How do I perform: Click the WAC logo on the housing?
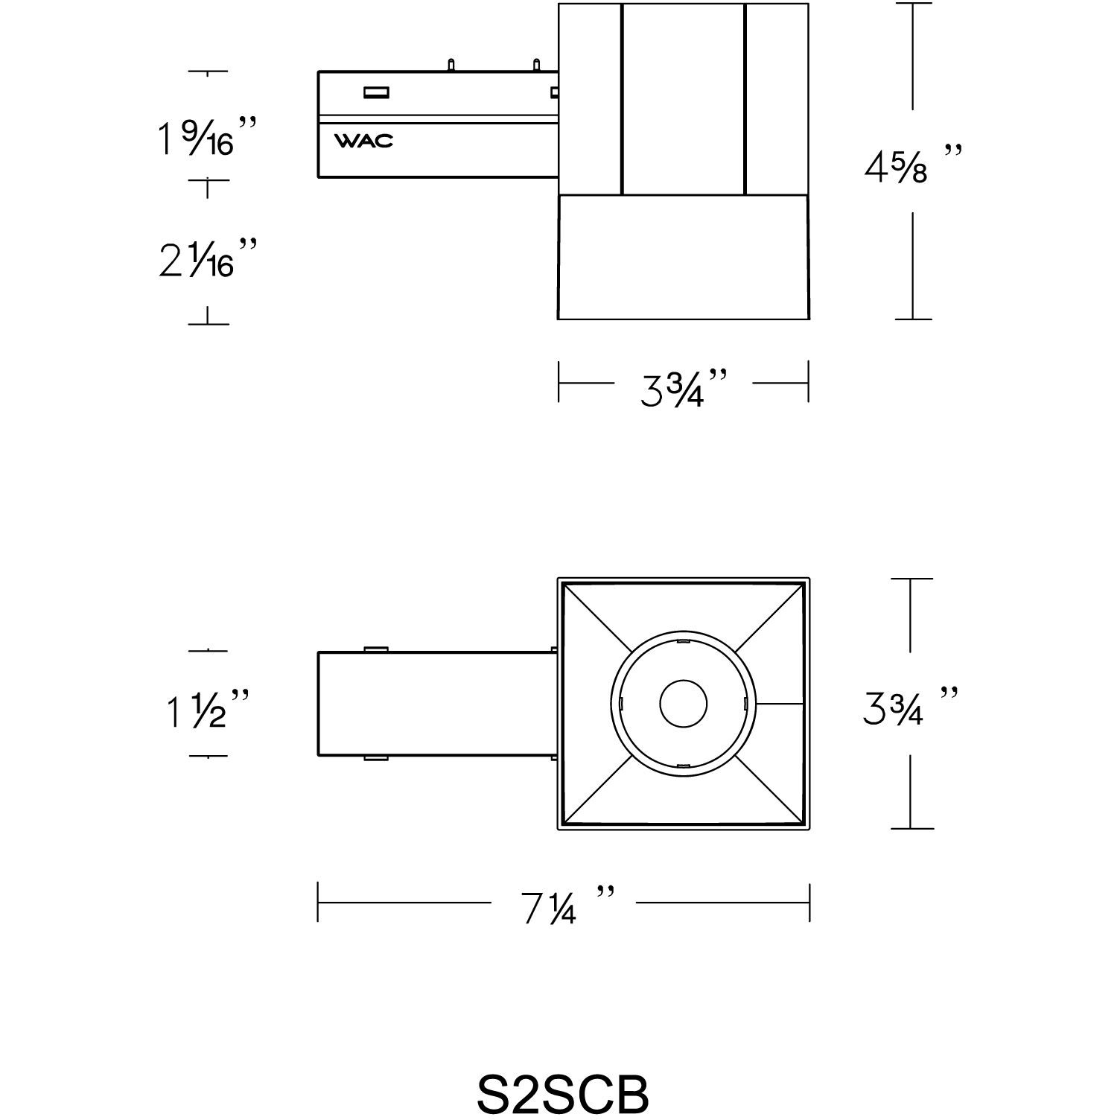(363, 141)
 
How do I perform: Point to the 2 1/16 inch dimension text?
(208, 257)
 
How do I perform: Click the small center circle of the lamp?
(684, 703)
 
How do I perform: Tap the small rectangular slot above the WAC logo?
(376, 93)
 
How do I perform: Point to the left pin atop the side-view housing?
(450, 65)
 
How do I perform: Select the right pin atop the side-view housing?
(535, 65)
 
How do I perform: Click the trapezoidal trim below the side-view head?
(683, 257)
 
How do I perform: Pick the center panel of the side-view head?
(683, 99)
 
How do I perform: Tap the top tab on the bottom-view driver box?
(375, 649)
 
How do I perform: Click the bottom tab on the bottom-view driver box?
(375, 758)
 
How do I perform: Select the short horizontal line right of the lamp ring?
(781, 703)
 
